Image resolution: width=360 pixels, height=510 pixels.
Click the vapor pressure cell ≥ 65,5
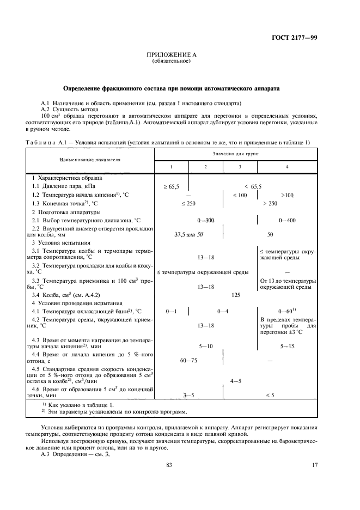tap(172, 186)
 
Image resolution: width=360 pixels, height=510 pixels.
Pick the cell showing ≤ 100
tap(240, 195)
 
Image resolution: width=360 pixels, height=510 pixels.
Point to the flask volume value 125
tap(236, 295)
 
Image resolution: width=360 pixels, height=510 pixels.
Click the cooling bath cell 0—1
tap(172, 311)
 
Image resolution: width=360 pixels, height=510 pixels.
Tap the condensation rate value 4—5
tap(236, 381)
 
